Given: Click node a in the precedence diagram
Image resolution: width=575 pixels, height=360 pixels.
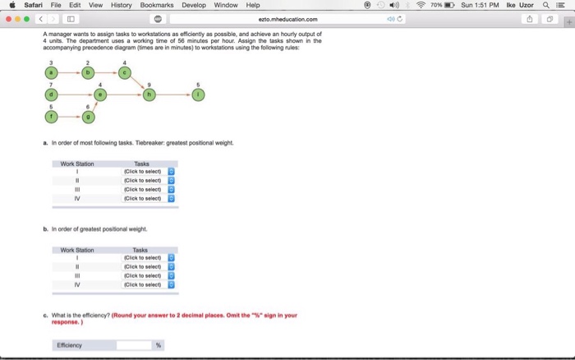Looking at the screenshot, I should [x=52, y=72].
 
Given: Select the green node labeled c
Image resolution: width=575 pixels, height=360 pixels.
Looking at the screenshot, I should [x=124, y=72].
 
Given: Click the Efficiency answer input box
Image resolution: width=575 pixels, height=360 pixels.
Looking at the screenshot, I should [x=133, y=345].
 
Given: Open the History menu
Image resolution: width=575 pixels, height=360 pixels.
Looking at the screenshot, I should [x=121, y=5].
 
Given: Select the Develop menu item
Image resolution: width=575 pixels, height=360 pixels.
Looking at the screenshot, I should [x=194, y=5].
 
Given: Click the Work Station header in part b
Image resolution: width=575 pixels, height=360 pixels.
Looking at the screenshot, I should [x=77, y=250].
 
